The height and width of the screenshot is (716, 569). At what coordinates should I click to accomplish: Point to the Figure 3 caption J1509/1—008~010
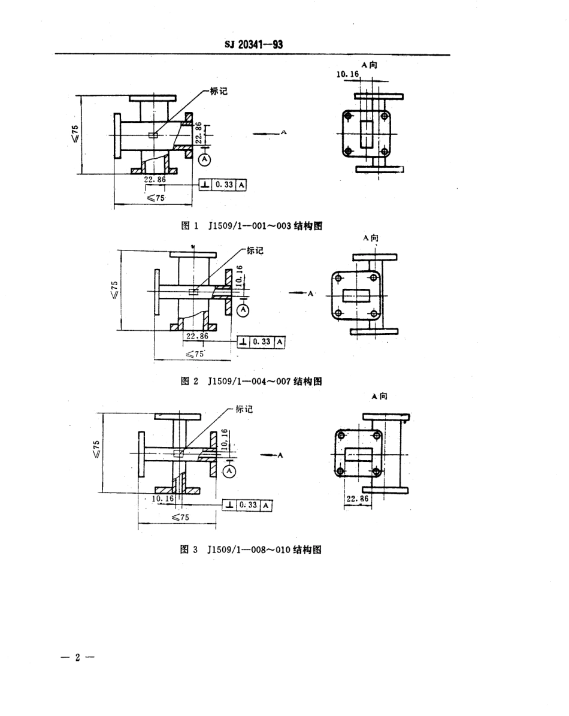[x=252, y=549]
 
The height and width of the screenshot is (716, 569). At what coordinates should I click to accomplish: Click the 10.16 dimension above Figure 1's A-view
[x=347, y=74]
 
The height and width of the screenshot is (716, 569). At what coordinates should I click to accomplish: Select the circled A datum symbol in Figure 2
[x=243, y=310]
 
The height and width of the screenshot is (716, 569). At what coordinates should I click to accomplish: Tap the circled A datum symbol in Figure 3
[x=229, y=472]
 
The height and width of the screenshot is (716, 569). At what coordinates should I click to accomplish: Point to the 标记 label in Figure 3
[x=244, y=409]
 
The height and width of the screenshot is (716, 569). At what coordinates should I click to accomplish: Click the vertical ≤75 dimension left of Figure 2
[x=115, y=288]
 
